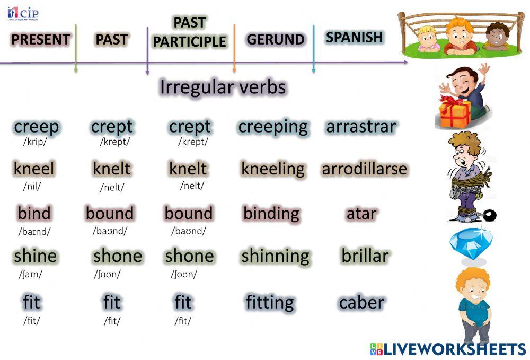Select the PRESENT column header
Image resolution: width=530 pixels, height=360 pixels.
pos(40,40)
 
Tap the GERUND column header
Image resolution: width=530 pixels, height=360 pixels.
pos(275,40)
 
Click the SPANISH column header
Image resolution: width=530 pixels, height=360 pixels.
pos(354,37)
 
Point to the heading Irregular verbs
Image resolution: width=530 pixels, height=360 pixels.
pos(223,87)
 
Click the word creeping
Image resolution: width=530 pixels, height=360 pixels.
pos(272,127)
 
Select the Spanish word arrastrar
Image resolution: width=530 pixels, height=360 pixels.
pos(361,127)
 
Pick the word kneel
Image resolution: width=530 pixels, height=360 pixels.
pos(34,169)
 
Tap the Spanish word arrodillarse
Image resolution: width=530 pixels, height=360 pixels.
pos(365,169)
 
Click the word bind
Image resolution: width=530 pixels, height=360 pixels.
pos(34,213)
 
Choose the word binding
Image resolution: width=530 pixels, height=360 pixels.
pos(271,214)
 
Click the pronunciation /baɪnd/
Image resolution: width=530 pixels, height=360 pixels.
pos(34,232)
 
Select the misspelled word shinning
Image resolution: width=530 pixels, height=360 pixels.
pos(275,256)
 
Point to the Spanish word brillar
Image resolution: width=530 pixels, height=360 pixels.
pos(365,256)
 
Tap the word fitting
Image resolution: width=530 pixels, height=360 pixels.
pos(269,303)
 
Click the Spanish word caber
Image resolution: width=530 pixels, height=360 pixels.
pos(361,303)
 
